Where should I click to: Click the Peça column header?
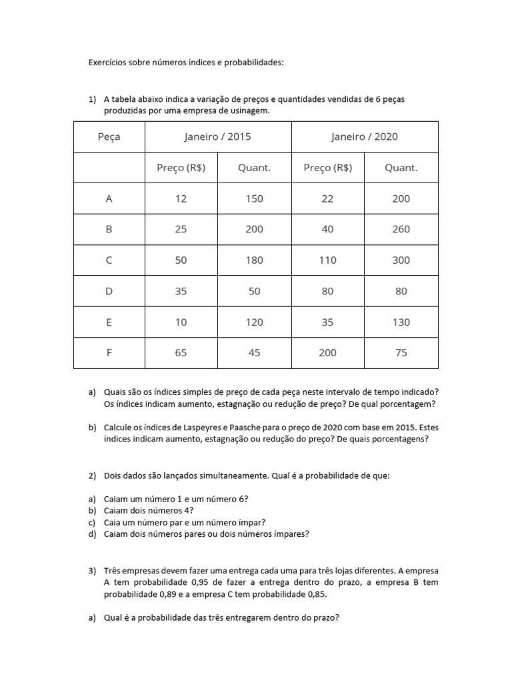[109, 137]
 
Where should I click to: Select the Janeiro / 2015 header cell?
[218, 137]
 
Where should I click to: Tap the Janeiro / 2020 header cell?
[365, 137]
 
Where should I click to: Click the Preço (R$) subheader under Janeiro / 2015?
[181, 168]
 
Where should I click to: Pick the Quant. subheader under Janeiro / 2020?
[401, 168]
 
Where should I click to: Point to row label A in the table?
[109, 198]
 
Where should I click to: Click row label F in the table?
[109, 353]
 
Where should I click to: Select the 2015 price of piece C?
[181, 260]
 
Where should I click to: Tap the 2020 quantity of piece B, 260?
[401, 229]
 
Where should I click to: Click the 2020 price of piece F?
[327, 353]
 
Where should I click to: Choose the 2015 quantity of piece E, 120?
[255, 322]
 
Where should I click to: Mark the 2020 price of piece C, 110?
[327, 260]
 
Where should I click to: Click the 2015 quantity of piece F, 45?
[255, 353]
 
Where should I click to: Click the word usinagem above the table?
[251, 111]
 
